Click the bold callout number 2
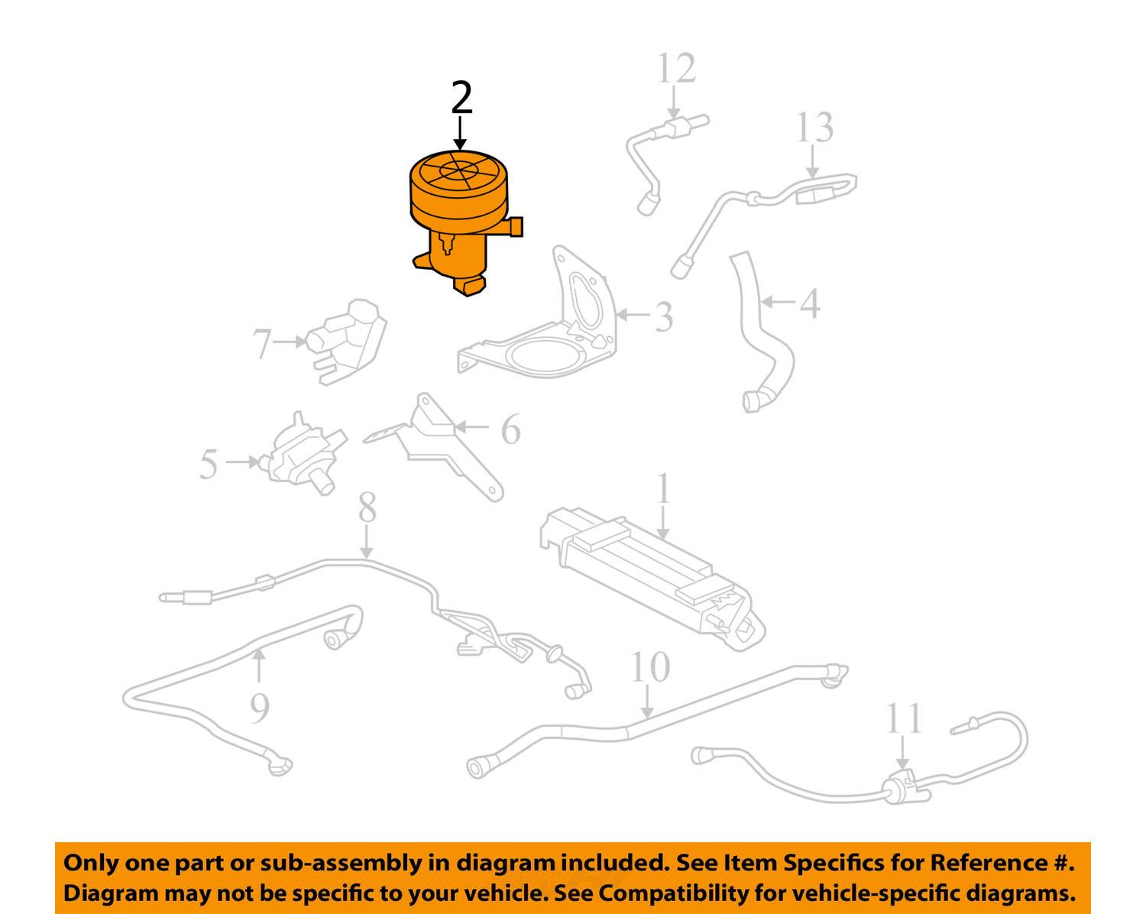pyautogui.click(x=461, y=98)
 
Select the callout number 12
pyautogui.click(x=676, y=69)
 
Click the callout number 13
pyautogui.click(x=814, y=128)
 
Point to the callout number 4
pyautogui.click(x=810, y=303)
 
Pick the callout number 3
pyautogui.click(x=664, y=316)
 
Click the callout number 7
pyautogui.click(x=262, y=344)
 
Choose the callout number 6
pyautogui.click(x=510, y=429)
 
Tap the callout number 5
pyautogui.click(x=209, y=465)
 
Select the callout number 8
pyautogui.click(x=367, y=507)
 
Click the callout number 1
pyautogui.click(x=663, y=489)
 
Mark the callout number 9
pyautogui.click(x=260, y=708)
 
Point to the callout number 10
pyautogui.click(x=649, y=668)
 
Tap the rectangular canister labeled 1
pyautogui.click(x=649, y=573)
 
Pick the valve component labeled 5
pyautogui.click(x=298, y=455)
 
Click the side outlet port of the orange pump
pyautogui.click(x=516, y=227)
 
